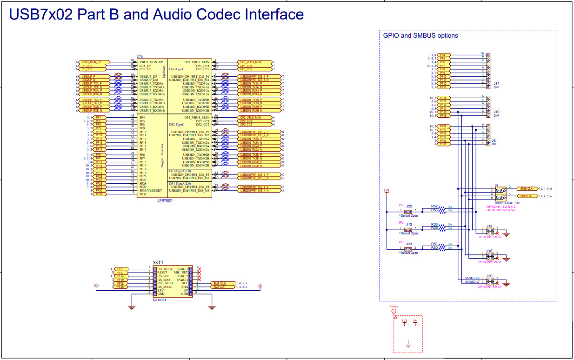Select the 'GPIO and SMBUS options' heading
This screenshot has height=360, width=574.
(420, 36)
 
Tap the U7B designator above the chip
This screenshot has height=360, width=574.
(140, 56)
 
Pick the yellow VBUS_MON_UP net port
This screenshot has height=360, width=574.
(94, 62)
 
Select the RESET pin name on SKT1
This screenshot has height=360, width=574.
(162, 273)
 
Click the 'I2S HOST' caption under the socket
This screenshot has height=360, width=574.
(160, 300)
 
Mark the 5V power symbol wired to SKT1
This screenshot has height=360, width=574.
(260, 286)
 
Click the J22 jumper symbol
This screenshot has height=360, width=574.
(409, 211)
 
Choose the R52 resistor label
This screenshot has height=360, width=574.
(434, 206)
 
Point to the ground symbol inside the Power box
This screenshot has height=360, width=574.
(408, 344)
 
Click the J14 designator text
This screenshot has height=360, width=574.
(496, 84)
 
